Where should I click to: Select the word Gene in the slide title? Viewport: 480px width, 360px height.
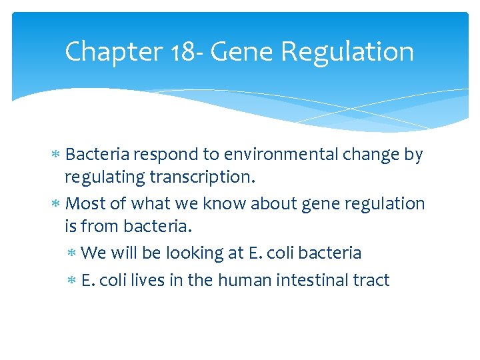[x=233, y=51]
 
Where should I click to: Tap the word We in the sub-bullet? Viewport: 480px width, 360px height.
[x=93, y=253]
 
